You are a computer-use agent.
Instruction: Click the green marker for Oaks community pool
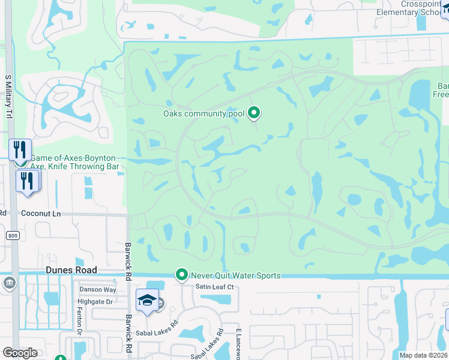[254, 112]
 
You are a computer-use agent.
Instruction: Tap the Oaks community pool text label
[203, 113]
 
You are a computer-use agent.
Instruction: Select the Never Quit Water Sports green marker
[182, 275]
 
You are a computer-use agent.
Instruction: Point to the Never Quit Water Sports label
[235, 275]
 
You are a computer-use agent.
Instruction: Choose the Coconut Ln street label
[41, 213]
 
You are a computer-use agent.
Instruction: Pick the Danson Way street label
[98, 289]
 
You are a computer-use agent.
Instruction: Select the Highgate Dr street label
[96, 302]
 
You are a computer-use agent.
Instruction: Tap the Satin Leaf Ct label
[214, 287]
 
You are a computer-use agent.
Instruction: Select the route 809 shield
[13, 236]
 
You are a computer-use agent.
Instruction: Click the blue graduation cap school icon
[146, 301]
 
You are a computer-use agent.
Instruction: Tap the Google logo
[20, 352]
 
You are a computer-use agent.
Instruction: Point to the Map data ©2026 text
[423, 355]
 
